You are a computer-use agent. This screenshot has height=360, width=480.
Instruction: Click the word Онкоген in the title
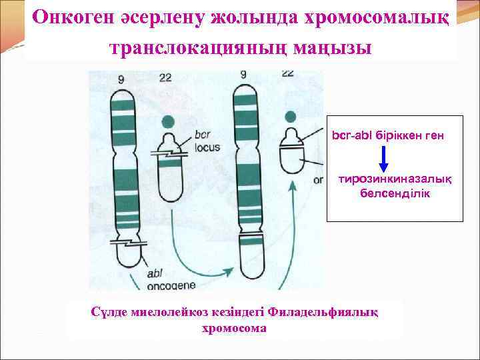(x=74, y=17)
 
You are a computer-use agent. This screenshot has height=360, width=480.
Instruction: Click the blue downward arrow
(x=384, y=158)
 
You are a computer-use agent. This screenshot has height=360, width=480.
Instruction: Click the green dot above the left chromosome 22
(x=169, y=121)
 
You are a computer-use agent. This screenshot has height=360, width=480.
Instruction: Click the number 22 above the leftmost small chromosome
(x=167, y=79)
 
